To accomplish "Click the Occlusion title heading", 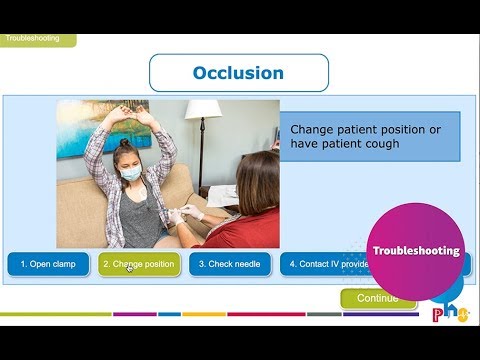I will pos(238,73).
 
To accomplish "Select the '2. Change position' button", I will pos(139,264).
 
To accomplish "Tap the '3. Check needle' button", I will pos(229,264).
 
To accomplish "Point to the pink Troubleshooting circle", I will pos(416,250).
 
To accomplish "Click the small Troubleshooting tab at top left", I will pos(37,39).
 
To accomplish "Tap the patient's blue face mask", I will pos(131,172).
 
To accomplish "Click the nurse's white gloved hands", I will pos(190,211).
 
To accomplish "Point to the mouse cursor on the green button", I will pos(128,267).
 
